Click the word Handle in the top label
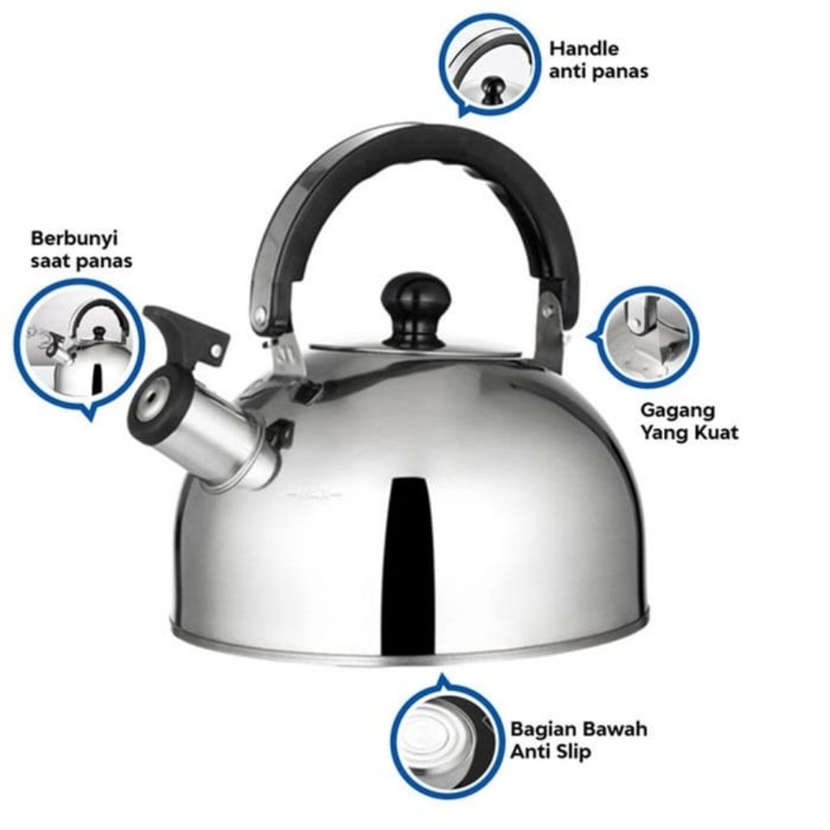(584, 49)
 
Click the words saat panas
(82, 261)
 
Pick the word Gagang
(677, 410)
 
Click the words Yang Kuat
(689, 433)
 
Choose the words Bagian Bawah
(579, 729)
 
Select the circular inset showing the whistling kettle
(79, 344)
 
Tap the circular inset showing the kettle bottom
(447, 736)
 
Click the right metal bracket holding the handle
(552, 332)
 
